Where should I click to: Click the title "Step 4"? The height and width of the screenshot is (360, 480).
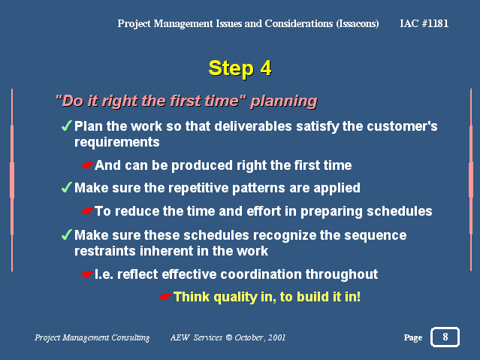240,68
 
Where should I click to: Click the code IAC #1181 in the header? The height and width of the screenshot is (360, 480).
424,23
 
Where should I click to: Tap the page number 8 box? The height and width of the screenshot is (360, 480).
445,337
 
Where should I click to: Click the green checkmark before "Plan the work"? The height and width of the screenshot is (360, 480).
66,126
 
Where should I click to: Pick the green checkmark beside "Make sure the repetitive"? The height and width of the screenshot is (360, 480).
66,187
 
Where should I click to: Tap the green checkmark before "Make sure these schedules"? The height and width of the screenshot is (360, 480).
66,234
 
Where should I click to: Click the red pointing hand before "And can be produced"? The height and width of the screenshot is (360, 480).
87,165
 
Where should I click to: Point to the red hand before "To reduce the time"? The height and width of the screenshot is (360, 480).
87,211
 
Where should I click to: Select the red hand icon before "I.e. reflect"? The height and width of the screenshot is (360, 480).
87,274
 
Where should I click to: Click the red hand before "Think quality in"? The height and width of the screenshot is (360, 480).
165,297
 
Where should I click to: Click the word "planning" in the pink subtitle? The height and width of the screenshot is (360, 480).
284,101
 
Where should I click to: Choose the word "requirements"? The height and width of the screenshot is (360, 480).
117,143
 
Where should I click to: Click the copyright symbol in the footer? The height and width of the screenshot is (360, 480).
228,337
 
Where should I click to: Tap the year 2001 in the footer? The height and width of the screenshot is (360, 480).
276,337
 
